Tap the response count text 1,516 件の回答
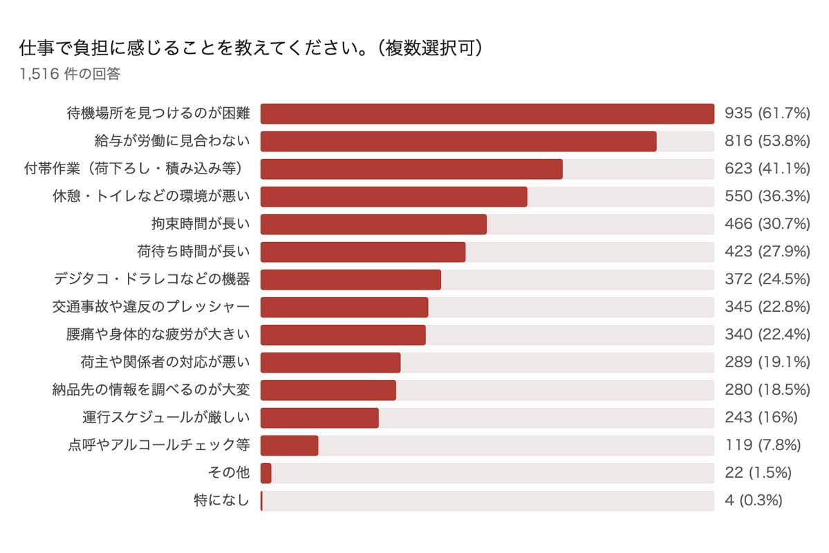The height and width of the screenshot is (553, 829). (x=70, y=74)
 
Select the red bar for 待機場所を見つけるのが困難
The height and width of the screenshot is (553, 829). (x=487, y=113)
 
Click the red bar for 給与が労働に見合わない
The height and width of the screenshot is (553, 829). (x=458, y=141)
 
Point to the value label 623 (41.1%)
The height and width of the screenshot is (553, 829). (x=767, y=169)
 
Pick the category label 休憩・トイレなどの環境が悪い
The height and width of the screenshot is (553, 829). (x=151, y=196)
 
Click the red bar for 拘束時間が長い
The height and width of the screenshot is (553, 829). (x=373, y=224)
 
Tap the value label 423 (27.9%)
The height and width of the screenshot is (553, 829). (x=767, y=252)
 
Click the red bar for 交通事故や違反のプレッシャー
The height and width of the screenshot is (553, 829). (x=344, y=307)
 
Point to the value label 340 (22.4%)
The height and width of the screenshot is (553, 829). (x=767, y=335)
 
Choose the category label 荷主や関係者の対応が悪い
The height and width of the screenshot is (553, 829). (x=165, y=362)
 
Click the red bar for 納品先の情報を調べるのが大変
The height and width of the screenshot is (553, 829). (x=328, y=390)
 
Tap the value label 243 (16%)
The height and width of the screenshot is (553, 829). (x=761, y=418)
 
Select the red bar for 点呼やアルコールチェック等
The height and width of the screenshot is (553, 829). (x=289, y=445)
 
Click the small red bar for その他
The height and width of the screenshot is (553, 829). (x=266, y=473)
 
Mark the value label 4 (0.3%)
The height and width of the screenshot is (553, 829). (x=753, y=500)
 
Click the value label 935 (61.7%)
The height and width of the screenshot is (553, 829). (x=767, y=113)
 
